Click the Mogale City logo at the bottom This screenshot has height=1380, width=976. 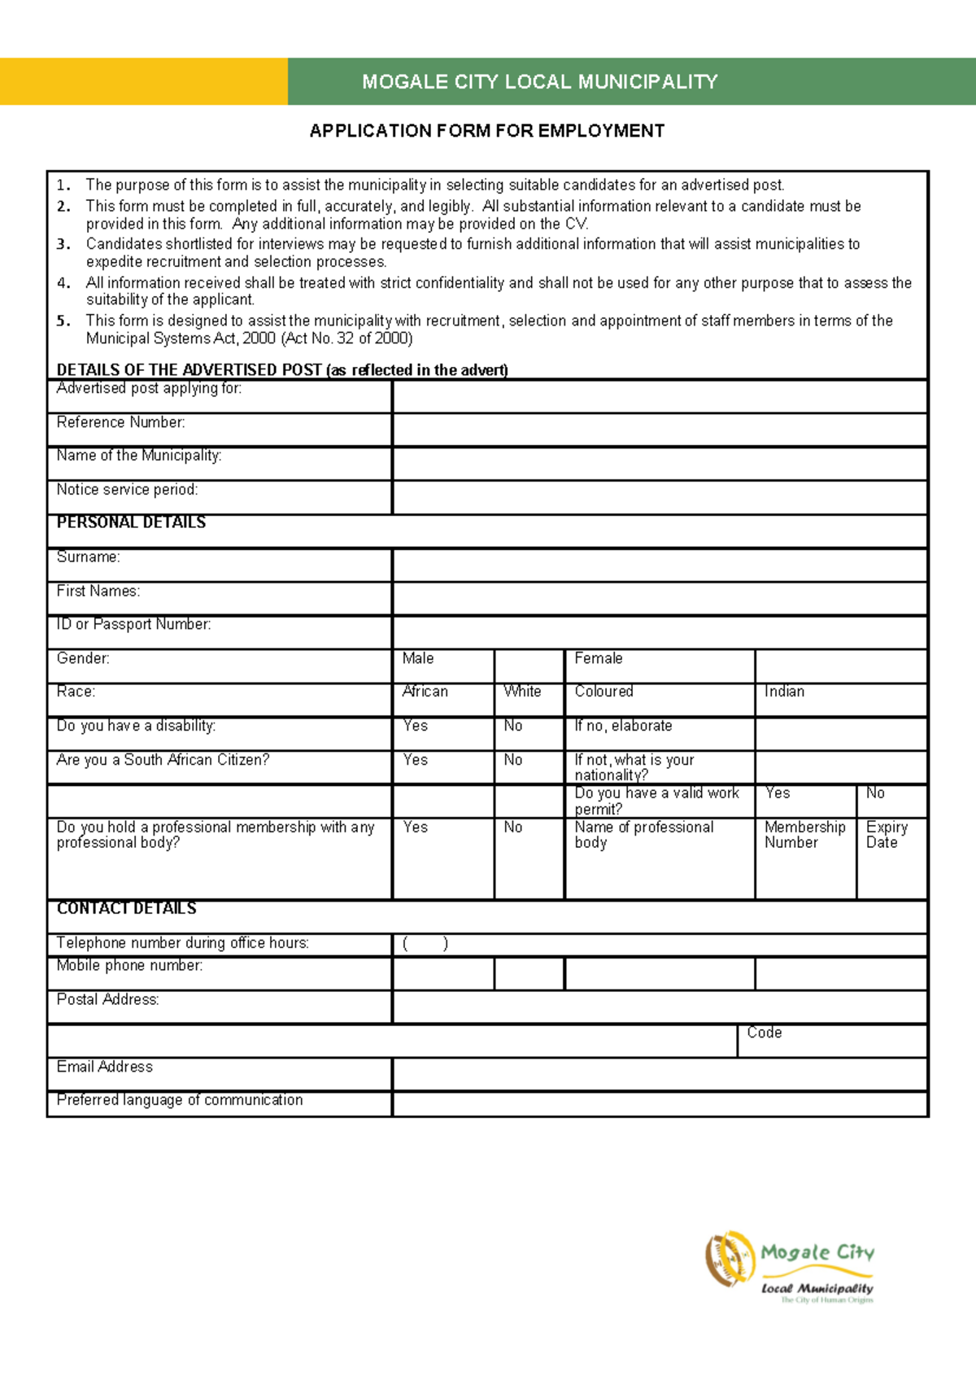point(789,1266)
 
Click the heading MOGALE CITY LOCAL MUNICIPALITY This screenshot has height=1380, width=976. point(539,81)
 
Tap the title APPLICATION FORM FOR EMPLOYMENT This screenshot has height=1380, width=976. point(486,131)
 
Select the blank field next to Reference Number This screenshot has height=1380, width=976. point(660,430)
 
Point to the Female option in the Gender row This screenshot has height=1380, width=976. point(599,658)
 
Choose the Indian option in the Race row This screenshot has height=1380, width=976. point(784,692)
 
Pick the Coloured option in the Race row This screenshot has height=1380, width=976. point(603,692)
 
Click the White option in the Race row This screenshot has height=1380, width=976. point(522,692)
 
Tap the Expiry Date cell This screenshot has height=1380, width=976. point(887,835)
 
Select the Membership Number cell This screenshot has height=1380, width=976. point(804,835)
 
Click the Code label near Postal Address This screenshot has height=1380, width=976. point(765,1033)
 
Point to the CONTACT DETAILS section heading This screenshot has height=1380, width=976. point(127,909)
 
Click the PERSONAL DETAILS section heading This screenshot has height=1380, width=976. point(131,522)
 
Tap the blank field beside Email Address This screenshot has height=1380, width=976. point(660,1074)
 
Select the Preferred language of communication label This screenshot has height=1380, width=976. point(180,1100)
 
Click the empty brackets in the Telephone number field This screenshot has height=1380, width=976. point(425,944)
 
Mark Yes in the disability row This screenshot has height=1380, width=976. point(416,726)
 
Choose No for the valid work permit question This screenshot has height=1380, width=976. point(875,793)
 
